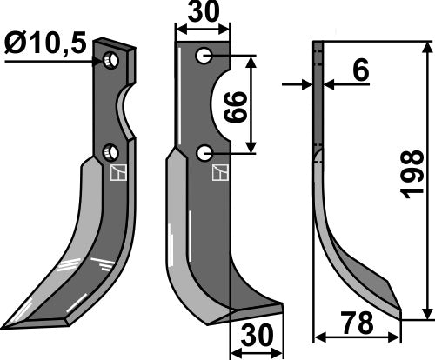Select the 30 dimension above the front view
tap(203, 15)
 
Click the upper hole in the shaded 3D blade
tap(110, 61)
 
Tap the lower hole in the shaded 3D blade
tap(109, 153)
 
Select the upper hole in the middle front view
tap(204, 57)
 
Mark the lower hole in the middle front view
tap(204, 153)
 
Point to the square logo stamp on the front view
tap(218, 172)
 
